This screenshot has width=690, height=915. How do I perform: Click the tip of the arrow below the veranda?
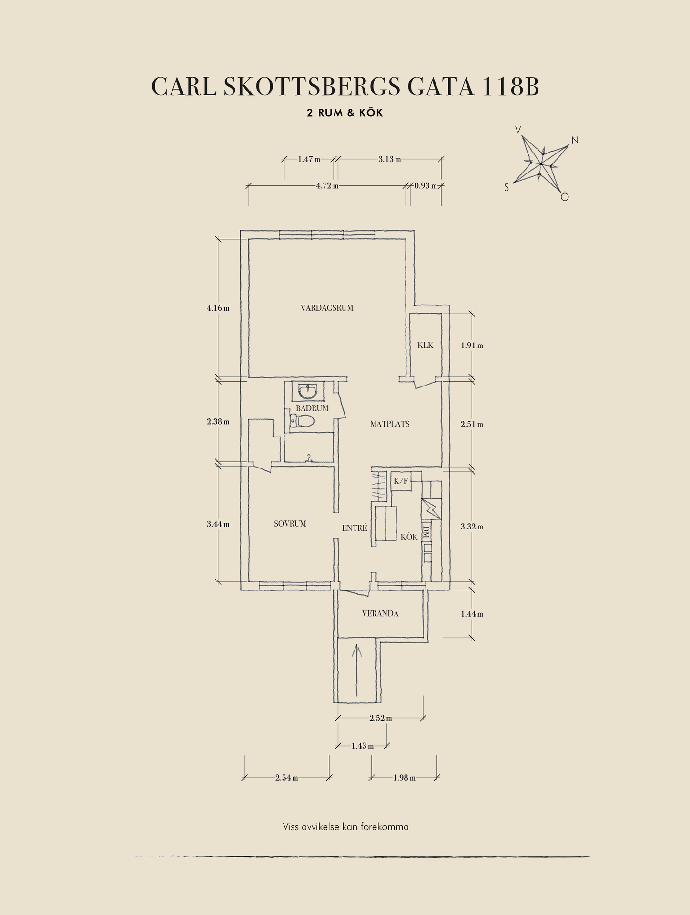[x=356, y=643]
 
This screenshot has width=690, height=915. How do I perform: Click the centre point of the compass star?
[x=541, y=164]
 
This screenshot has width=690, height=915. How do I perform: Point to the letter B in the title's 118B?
[x=529, y=87]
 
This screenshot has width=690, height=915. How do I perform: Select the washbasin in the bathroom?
[x=307, y=391]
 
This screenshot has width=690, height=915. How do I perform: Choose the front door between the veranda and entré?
[x=354, y=592]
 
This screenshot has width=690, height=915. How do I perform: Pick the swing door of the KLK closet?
[x=424, y=383]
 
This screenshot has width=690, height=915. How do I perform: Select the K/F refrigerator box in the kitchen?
[x=401, y=481]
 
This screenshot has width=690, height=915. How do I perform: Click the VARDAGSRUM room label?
[x=327, y=308]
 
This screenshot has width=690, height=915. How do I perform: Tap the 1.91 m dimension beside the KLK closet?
[x=472, y=346]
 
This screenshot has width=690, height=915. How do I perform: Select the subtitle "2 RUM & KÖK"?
[x=345, y=113]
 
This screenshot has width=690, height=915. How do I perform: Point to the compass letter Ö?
[x=565, y=196]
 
